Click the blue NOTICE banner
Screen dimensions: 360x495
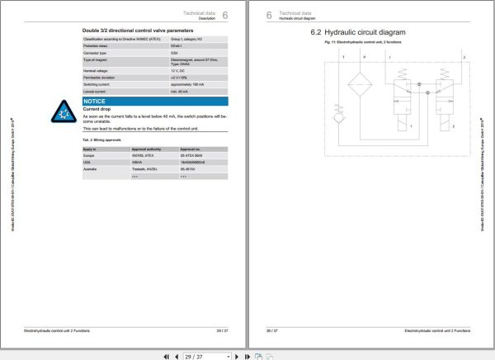coord(154,101)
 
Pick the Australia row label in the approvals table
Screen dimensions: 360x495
coord(91,170)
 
